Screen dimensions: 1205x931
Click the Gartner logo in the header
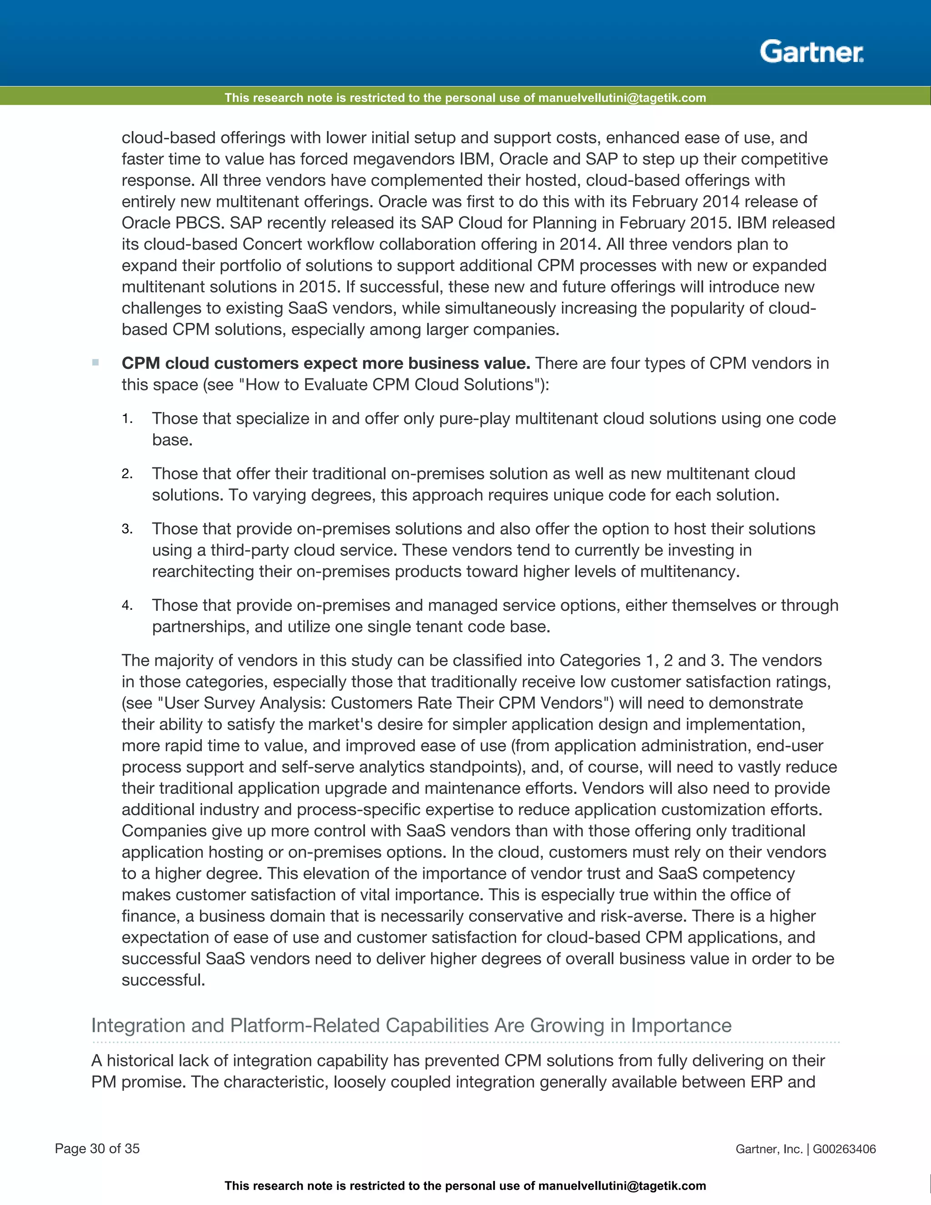click(x=811, y=52)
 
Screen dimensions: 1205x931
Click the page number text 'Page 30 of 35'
click(x=97, y=1149)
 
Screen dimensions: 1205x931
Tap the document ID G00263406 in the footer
click(x=844, y=1149)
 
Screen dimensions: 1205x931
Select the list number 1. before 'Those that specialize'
click(x=127, y=419)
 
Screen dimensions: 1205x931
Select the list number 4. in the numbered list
click(x=127, y=606)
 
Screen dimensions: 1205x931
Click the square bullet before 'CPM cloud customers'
click(x=95, y=362)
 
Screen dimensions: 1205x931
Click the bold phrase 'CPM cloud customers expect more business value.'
click(x=325, y=363)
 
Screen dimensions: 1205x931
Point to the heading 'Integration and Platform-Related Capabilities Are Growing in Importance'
click(x=411, y=1025)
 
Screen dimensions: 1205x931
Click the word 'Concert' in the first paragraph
click(x=271, y=245)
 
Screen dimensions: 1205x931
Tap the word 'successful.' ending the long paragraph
click(x=163, y=980)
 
